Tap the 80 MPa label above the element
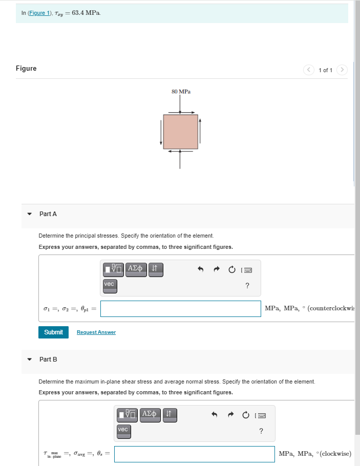pyautogui.click(x=181, y=92)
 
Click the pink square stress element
pyautogui.click(x=180, y=132)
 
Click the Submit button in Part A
pyautogui.click(x=53, y=332)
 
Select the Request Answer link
pyautogui.click(x=96, y=332)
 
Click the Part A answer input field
pyautogui.click(x=181, y=308)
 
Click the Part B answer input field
pyautogui.click(x=194, y=454)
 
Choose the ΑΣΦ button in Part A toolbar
pyautogui.click(x=136, y=268)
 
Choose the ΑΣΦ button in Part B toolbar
pyautogui.click(x=151, y=414)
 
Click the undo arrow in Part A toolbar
pyautogui.click(x=201, y=269)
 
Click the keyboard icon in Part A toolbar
pyautogui.click(x=248, y=269)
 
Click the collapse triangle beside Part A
pyautogui.click(x=30, y=214)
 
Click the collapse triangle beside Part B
pyautogui.click(x=30, y=359)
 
